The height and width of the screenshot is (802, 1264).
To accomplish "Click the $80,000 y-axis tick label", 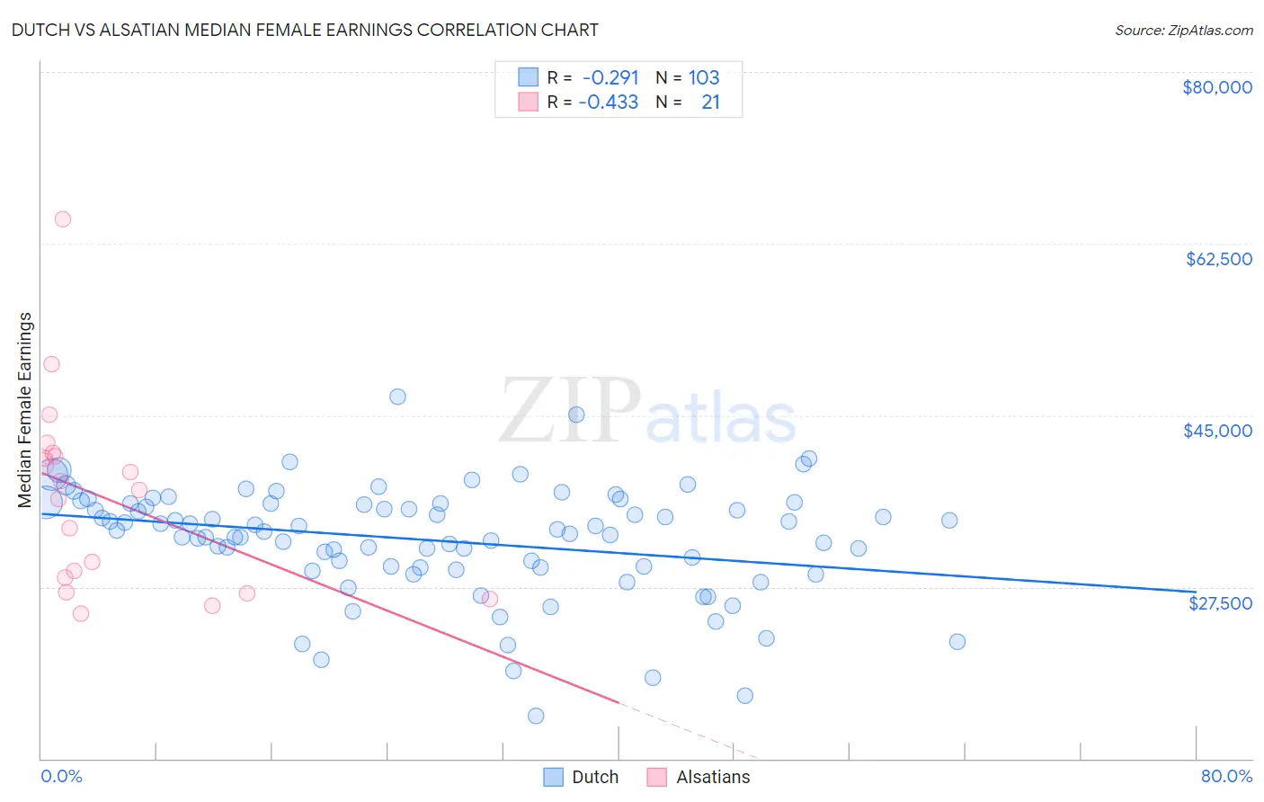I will [1216, 87].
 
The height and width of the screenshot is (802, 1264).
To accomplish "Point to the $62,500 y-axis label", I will [1218, 259].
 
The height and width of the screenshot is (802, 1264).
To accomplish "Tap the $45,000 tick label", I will [1217, 431].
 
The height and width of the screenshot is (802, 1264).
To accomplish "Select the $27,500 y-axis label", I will [1220, 603].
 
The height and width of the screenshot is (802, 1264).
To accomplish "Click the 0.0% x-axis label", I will [61, 776].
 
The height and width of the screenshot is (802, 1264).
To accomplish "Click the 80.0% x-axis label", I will [1226, 776].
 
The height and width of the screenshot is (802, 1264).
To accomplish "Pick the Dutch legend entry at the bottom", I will [582, 777].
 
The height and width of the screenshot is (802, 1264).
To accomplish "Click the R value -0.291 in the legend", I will [610, 77].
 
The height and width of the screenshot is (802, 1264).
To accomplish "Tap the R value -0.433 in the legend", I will [609, 102].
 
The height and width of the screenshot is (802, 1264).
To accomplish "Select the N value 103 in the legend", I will [704, 77].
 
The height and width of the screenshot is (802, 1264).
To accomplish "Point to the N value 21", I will [710, 102].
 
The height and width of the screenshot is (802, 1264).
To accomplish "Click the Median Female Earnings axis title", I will [25, 410].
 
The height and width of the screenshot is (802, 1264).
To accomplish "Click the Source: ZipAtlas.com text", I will [1183, 31].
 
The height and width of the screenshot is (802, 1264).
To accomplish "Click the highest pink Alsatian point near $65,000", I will [63, 219].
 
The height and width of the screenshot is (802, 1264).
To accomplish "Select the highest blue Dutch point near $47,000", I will [397, 397].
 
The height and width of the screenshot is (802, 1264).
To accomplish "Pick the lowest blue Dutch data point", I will [536, 716].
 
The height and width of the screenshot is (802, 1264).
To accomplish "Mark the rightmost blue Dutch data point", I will [957, 642].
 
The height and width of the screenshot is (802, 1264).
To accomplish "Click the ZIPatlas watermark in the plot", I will [647, 412].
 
